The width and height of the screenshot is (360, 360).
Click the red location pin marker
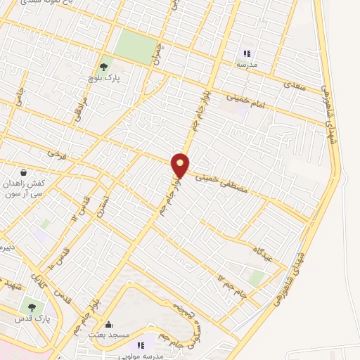point(181,165)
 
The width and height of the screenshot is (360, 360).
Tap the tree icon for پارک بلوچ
point(104,67)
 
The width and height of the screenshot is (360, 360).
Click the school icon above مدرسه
point(247,53)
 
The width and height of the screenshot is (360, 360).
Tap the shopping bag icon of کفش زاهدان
point(25,172)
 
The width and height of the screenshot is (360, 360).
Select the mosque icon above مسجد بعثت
point(108,324)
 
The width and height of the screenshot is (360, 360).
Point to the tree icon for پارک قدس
point(30,307)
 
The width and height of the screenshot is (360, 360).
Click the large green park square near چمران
point(136,47)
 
